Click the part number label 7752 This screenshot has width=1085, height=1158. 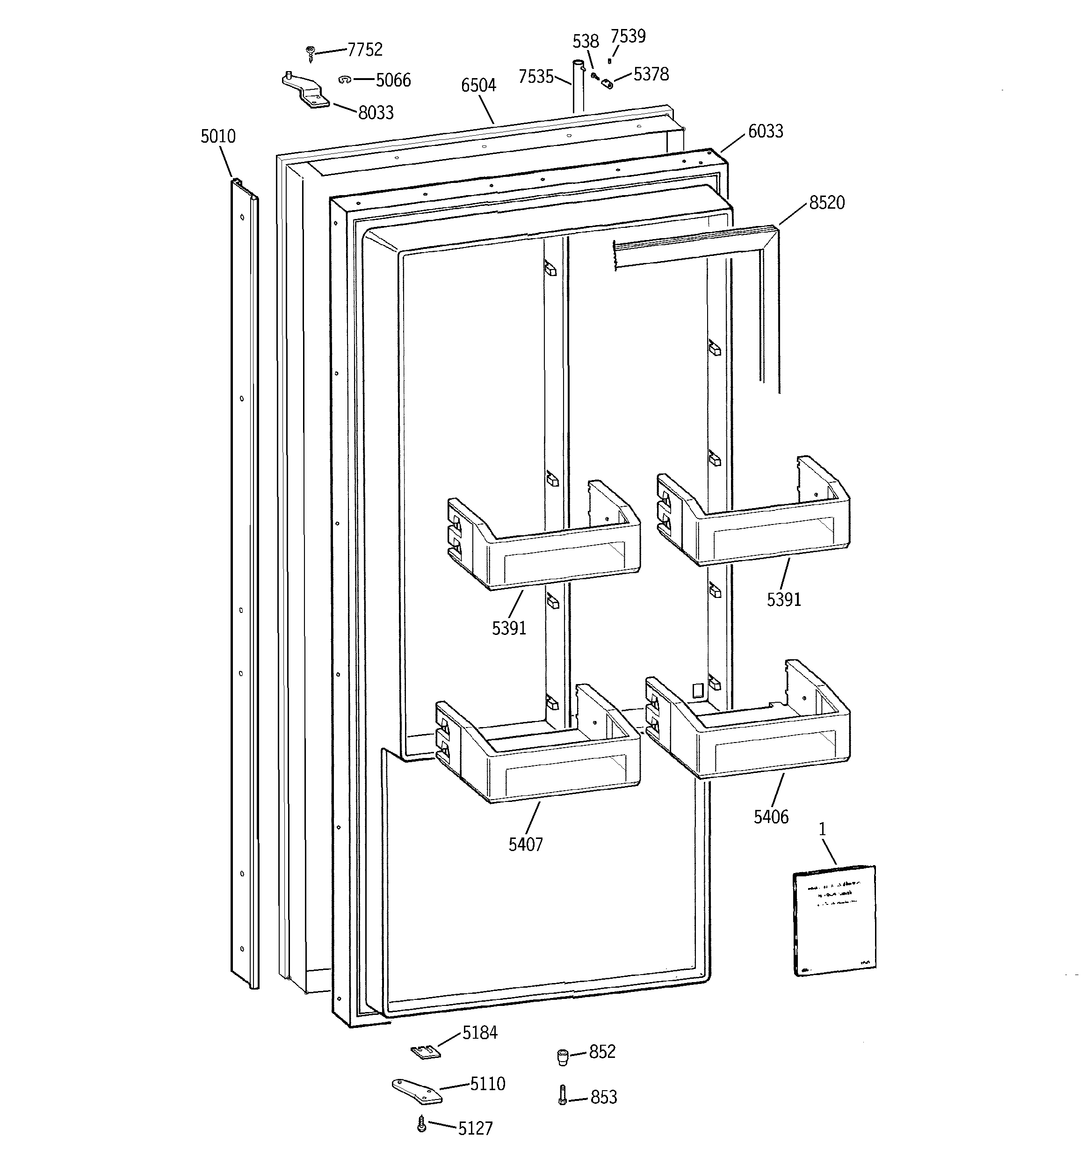click(x=365, y=50)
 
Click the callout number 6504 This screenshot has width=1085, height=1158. click(x=478, y=86)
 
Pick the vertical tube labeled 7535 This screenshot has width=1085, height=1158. click(x=578, y=87)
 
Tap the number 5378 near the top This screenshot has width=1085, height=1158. click(x=651, y=74)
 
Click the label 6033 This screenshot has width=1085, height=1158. click(x=765, y=131)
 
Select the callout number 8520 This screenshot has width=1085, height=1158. click(x=826, y=203)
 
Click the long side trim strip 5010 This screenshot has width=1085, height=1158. click(x=245, y=583)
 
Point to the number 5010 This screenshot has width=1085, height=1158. click(x=218, y=136)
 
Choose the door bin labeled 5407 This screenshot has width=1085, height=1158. click(x=539, y=754)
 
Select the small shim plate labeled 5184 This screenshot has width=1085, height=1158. click(x=425, y=1051)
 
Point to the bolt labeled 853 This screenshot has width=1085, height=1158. click(x=562, y=1094)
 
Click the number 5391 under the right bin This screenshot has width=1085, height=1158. click(x=783, y=599)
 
